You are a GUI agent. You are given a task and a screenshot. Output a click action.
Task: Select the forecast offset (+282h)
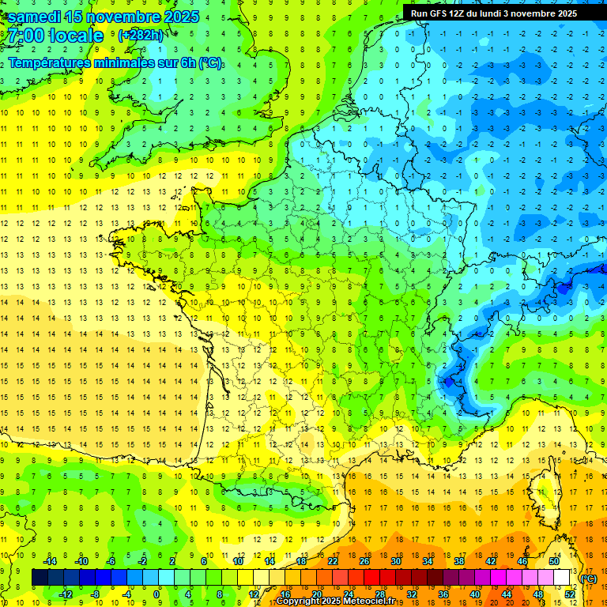[x=141, y=36]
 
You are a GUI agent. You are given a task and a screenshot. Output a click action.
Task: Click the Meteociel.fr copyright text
[x=335, y=601]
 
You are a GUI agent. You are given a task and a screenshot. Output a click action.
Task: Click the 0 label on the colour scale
[x=157, y=594]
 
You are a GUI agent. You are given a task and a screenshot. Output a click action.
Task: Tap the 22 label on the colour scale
[x=333, y=560]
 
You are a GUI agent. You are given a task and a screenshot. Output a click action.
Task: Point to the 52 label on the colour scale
[x=570, y=594]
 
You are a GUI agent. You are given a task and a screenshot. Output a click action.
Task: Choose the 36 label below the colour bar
[x=443, y=594]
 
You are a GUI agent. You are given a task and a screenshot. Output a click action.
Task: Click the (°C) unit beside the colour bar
[x=588, y=579]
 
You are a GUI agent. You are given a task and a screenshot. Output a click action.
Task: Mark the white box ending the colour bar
[x=561, y=577]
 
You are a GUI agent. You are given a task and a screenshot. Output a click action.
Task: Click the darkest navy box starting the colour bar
[x=40, y=577]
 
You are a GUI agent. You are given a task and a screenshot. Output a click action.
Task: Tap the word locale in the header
[x=76, y=36]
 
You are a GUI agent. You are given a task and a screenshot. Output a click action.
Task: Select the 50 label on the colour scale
[x=554, y=560]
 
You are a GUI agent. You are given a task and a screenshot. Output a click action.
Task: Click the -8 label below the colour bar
[x=94, y=594]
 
